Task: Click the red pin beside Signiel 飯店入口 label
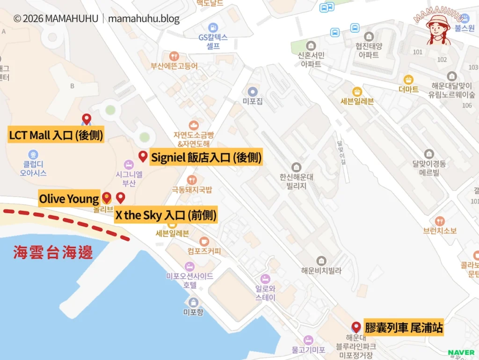click(143, 156)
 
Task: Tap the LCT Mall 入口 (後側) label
click(56, 136)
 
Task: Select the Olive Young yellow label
click(69, 199)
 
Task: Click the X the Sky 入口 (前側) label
click(166, 215)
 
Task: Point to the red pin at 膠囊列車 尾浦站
click(356, 327)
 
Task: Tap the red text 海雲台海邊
click(53, 253)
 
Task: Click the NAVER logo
click(461, 352)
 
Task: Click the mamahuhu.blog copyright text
click(96, 19)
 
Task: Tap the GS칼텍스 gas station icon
click(213, 28)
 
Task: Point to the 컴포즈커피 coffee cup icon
click(204, 241)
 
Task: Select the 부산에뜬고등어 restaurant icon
click(174, 56)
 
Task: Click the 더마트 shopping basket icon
click(408, 79)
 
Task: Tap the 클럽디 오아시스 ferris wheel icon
click(33, 154)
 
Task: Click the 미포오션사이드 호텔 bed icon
click(189, 266)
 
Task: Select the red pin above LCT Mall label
click(86, 119)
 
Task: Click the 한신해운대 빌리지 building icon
click(296, 167)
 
